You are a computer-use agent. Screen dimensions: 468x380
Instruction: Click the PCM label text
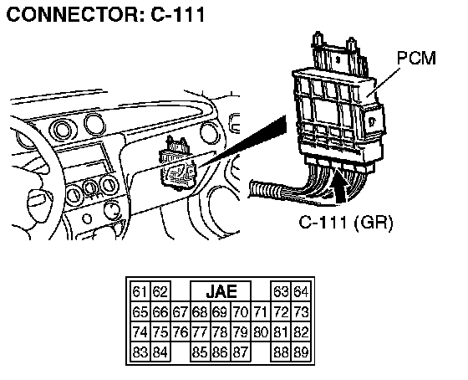(416, 59)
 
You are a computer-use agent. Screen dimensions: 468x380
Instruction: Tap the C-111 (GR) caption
(346, 222)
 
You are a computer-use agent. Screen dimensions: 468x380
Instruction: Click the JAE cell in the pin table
(221, 291)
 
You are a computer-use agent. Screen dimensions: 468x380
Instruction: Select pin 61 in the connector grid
(140, 291)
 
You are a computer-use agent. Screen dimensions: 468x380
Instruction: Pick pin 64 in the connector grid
(301, 291)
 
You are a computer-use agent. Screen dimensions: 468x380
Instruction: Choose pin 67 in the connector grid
(181, 312)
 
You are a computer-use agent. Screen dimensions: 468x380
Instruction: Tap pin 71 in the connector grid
(261, 312)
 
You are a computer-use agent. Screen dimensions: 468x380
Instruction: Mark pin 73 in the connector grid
(301, 312)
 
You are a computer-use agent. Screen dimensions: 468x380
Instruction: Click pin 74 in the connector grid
(140, 331)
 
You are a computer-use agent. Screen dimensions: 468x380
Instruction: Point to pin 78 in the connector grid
(221, 331)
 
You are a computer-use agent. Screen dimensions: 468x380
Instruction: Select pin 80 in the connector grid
(261, 331)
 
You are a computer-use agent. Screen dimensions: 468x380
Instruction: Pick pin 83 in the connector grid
(140, 352)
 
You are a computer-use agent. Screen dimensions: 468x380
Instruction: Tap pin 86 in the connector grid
(221, 352)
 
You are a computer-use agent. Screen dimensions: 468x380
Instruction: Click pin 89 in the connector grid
(301, 352)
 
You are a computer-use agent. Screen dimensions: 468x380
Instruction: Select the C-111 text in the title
(178, 14)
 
